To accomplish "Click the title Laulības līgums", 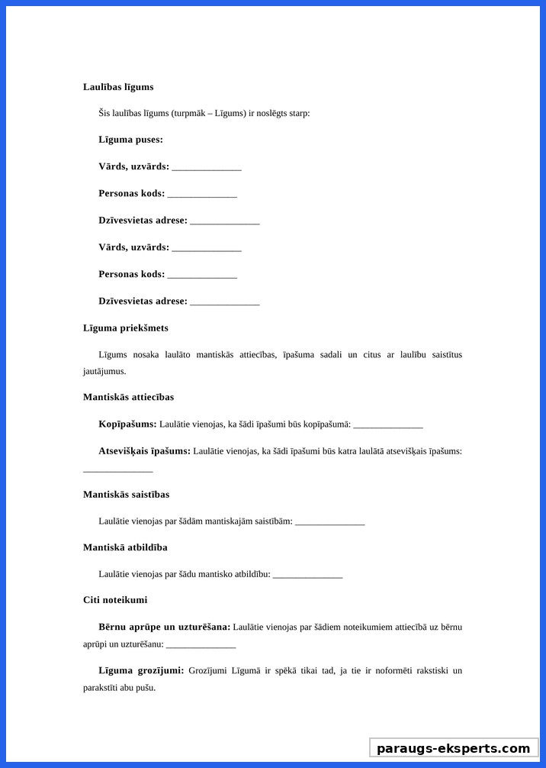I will [118, 87].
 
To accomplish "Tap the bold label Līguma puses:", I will [130, 140].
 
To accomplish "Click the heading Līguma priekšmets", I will [126, 328].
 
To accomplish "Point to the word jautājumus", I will [104, 372].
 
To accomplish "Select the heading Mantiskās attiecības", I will [128, 397].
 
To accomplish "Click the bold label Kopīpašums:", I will [127, 424].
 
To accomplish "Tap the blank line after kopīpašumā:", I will [388, 424].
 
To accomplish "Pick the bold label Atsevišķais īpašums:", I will [144, 451].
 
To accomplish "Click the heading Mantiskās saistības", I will [126, 495].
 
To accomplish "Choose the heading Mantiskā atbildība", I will [125, 547].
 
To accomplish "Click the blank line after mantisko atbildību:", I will [307, 574].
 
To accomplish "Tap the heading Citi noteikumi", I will [115, 600].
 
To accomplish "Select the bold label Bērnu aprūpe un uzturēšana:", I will [164, 627].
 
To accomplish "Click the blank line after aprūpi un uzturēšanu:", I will [201, 644].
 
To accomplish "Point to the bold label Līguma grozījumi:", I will [141, 670].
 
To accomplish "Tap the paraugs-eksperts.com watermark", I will [454, 748].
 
